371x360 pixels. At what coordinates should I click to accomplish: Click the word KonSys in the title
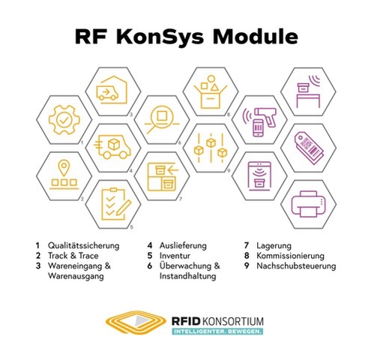tap(160, 37)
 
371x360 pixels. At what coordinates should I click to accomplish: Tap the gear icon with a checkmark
tap(64, 120)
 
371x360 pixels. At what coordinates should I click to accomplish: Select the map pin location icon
tap(64, 175)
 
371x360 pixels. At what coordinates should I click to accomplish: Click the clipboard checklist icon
tap(115, 204)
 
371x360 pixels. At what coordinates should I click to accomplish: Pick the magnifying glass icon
tap(162, 119)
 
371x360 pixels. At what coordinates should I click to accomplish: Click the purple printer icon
tap(309, 204)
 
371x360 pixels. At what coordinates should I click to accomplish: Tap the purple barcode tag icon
tap(309, 148)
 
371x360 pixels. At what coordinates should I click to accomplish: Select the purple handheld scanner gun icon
tap(260, 122)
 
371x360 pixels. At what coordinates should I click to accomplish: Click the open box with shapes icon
tap(211, 91)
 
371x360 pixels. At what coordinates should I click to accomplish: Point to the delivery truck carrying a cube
tap(112, 147)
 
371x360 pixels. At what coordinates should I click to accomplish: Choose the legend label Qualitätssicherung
tap(84, 246)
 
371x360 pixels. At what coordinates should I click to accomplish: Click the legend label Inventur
tap(175, 256)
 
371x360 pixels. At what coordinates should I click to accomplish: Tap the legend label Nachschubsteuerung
tap(296, 265)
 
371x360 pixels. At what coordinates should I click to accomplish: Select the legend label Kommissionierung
tap(290, 256)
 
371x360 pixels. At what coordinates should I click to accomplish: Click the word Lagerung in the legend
tap(274, 246)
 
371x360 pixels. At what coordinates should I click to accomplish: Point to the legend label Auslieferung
tap(183, 246)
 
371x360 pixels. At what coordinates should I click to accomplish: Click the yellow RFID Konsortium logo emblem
tap(136, 322)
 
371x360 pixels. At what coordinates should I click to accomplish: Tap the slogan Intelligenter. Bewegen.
tap(217, 331)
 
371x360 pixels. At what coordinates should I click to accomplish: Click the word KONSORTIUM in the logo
tap(232, 321)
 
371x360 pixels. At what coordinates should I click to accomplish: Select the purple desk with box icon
tap(309, 91)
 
